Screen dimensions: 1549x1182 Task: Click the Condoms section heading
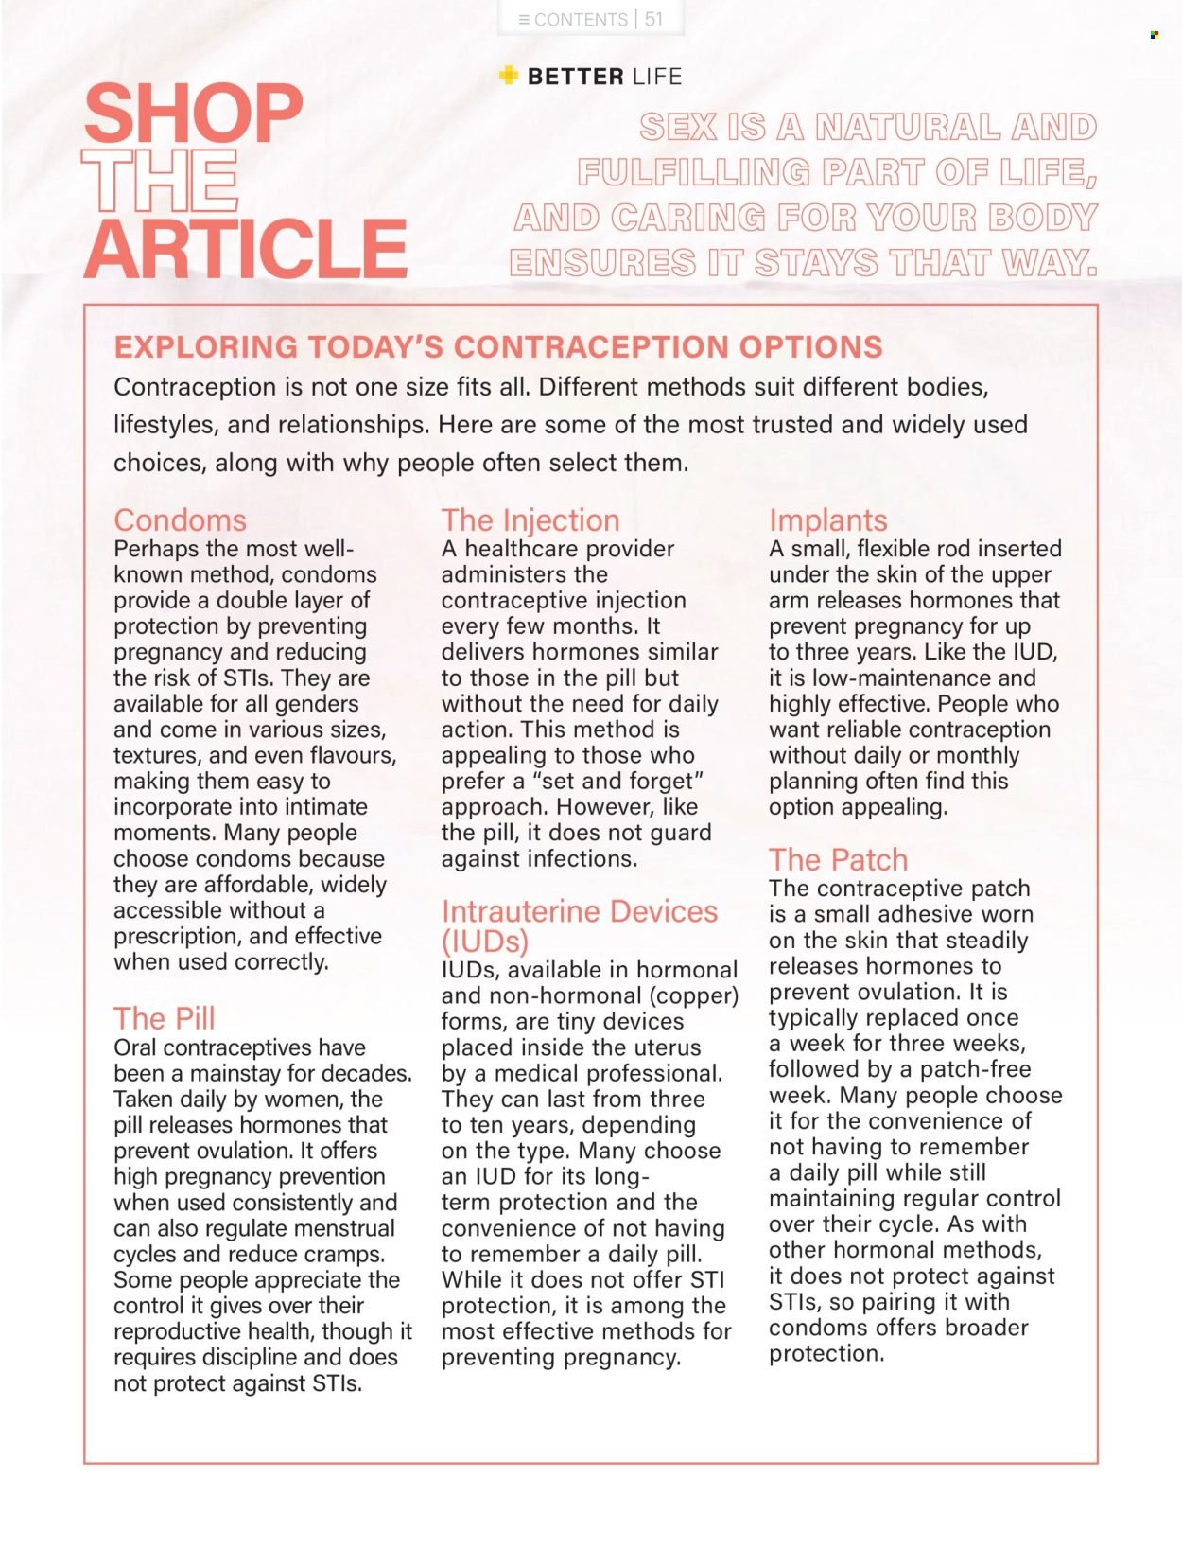[180, 520]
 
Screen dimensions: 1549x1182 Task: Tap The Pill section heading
[165, 1019]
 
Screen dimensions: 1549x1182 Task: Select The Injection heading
[530, 520]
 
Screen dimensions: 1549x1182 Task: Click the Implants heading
[827, 520]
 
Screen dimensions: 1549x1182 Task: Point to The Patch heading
[838, 860]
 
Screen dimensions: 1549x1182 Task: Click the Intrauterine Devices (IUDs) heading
[579, 925]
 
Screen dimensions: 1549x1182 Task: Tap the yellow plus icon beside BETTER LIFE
[509, 76]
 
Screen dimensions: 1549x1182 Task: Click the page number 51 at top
[653, 19]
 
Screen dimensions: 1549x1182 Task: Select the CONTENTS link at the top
[573, 19]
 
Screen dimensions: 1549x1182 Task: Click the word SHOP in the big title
[193, 114]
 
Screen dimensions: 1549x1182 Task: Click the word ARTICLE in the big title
[246, 249]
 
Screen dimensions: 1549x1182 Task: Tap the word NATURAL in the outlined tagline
[907, 127]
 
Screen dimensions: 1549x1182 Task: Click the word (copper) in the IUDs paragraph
[693, 996]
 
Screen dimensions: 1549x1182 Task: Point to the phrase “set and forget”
[618, 782]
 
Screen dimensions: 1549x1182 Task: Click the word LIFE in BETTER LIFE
[657, 77]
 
